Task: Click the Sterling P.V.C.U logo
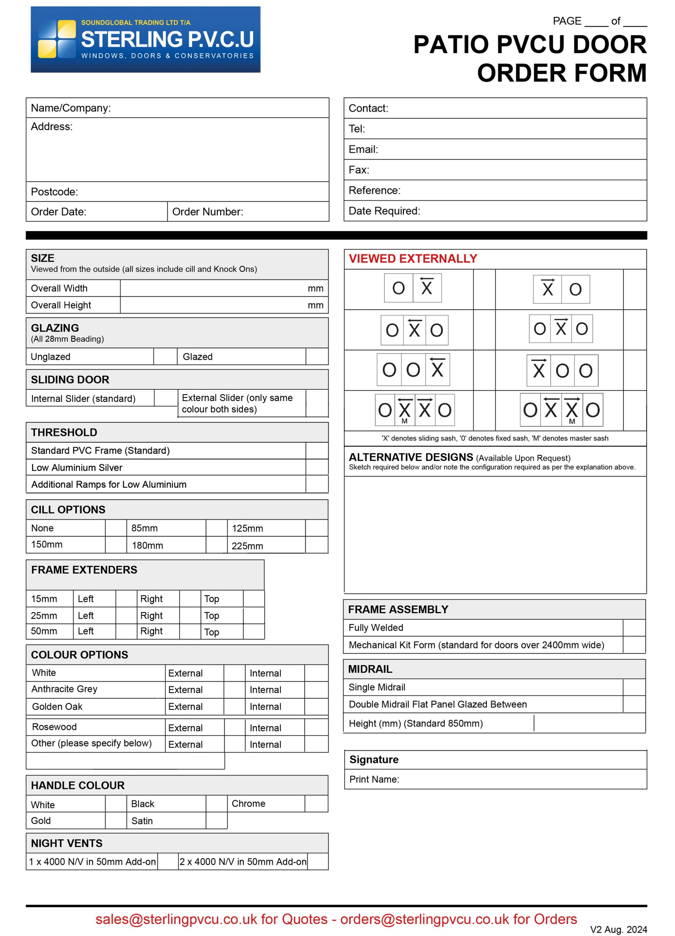[145, 39]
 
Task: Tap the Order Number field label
[208, 212]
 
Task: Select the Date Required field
[532, 211]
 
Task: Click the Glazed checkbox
[316, 356]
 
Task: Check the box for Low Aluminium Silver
[316, 467]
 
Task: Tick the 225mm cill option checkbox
[316, 545]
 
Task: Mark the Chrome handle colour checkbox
[316, 804]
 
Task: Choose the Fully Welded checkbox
[634, 628]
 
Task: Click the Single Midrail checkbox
[634, 687]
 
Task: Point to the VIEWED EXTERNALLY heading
[413, 259]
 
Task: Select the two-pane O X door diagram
[413, 288]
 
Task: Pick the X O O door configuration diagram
[562, 370]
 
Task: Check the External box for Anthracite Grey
[234, 690]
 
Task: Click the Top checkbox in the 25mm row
[254, 615]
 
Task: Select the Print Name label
[374, 779]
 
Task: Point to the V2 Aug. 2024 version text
[618, 929]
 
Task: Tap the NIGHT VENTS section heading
[67, 843]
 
